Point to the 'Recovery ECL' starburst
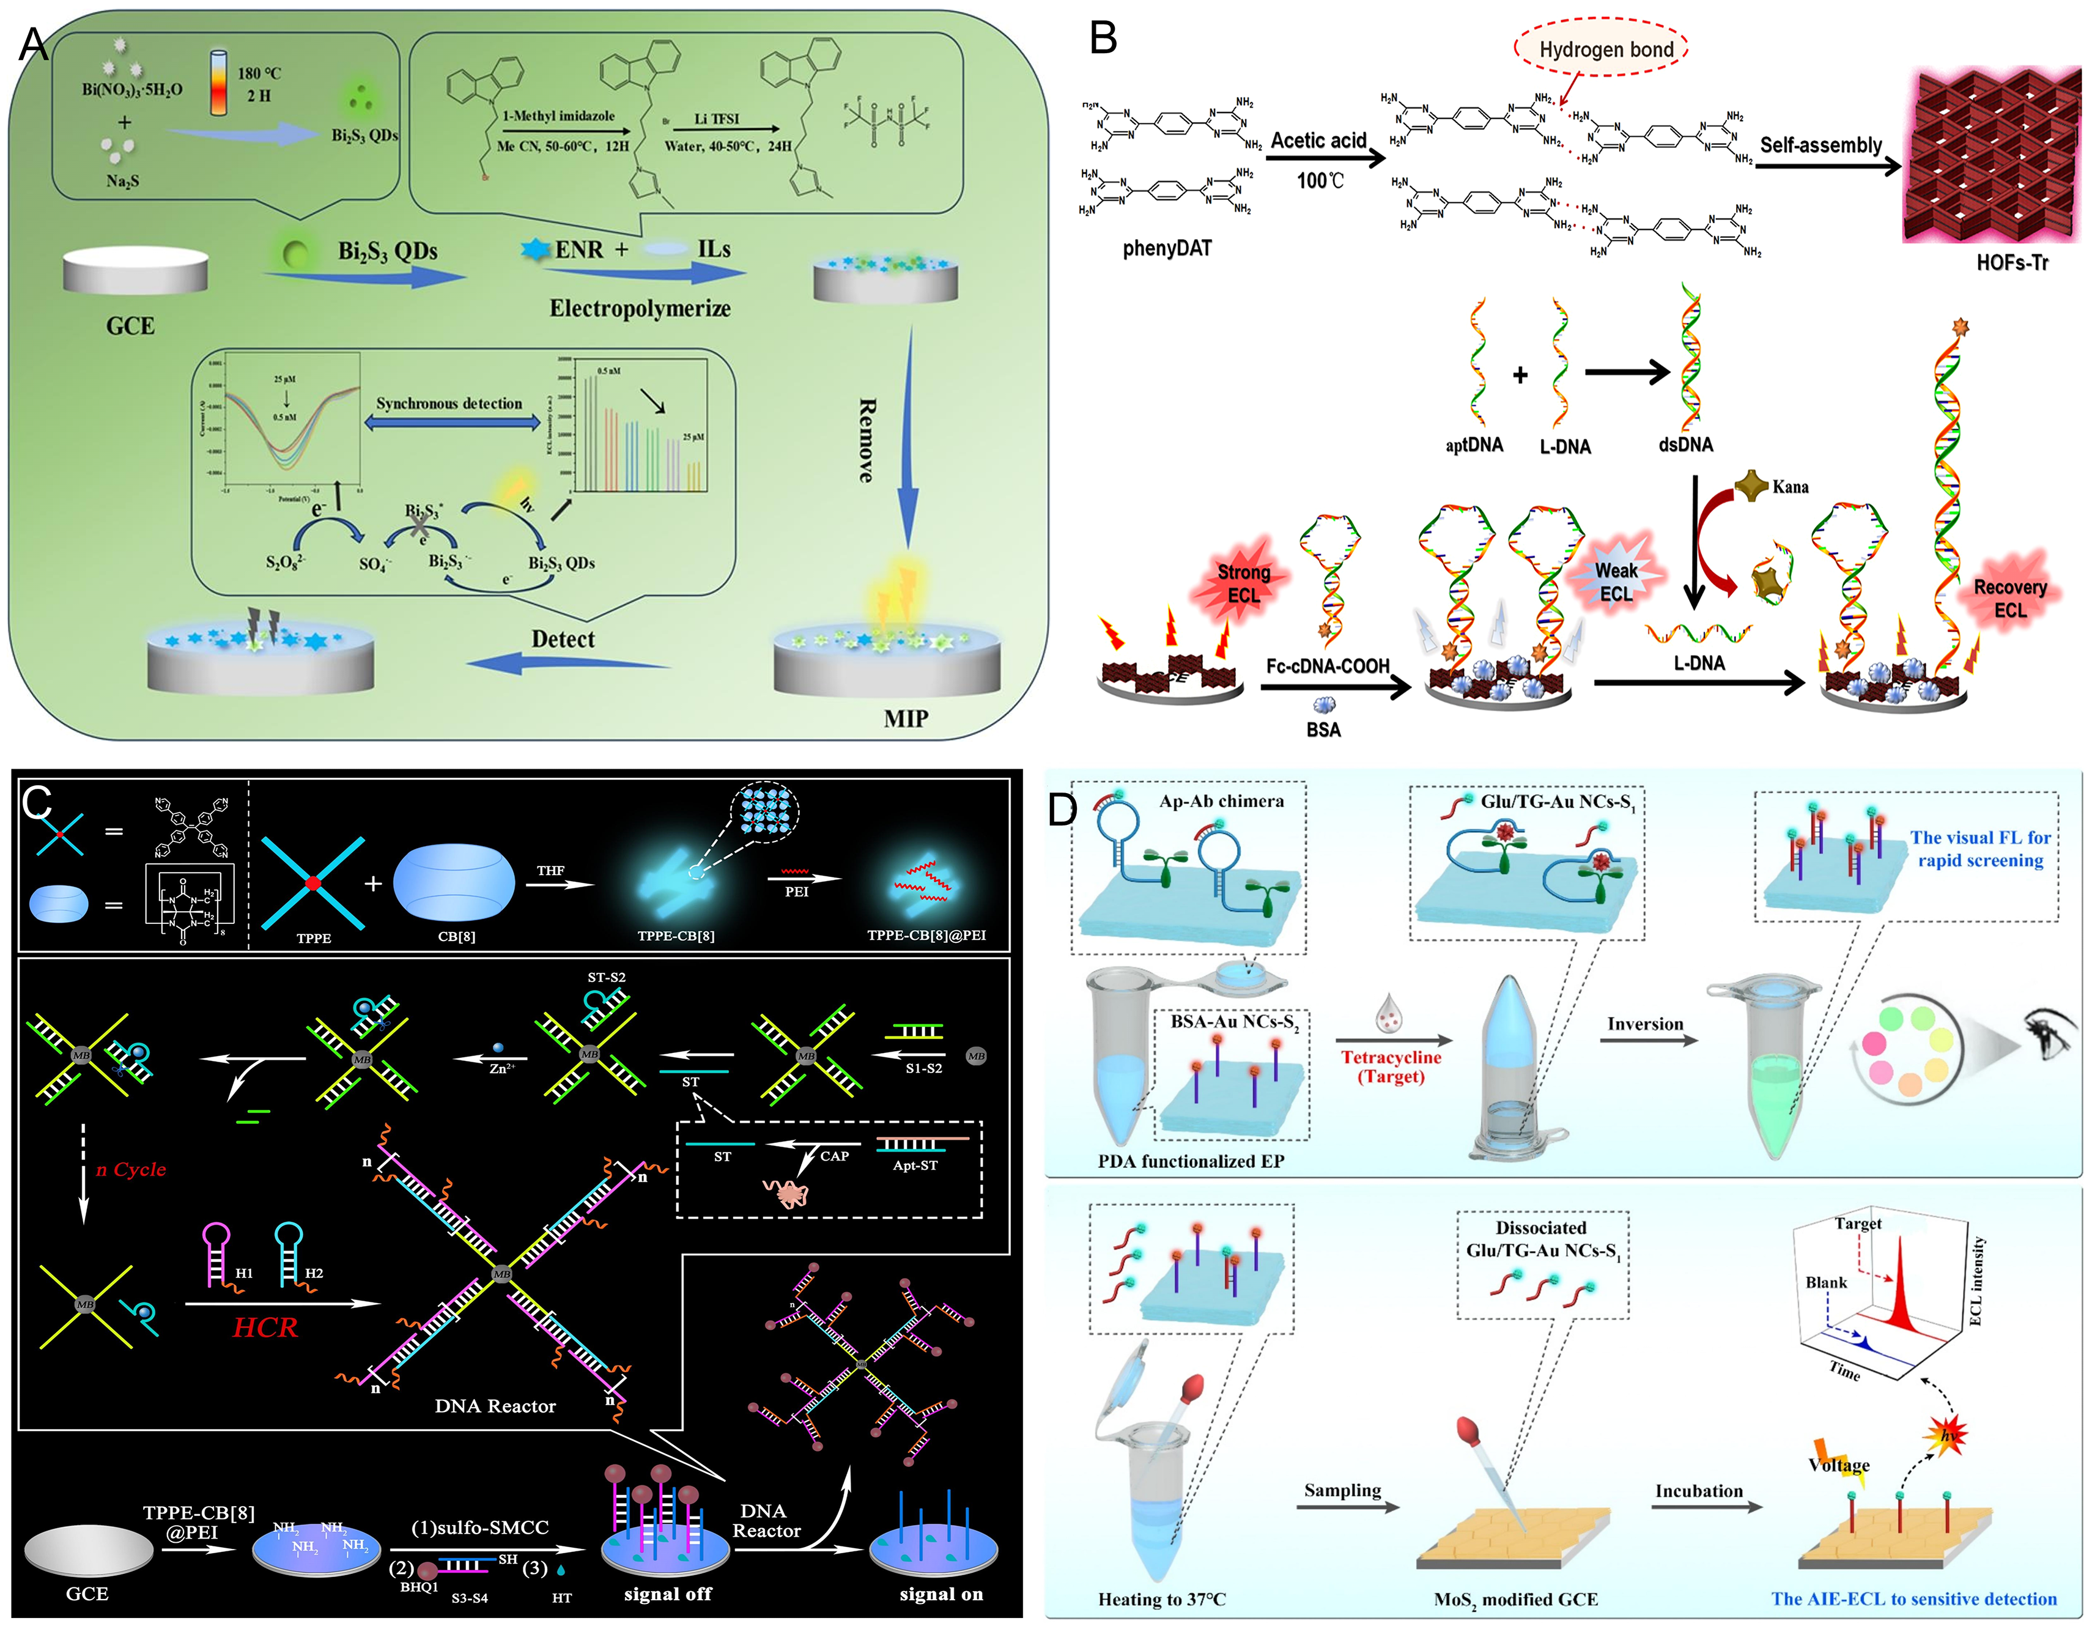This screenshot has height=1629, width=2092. click(x=2009, y=597)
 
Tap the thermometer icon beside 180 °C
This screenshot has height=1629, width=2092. click(x=218, y=83)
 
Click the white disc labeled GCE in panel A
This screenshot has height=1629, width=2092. click(x=135, y=272)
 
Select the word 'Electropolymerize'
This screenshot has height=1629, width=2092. click(x=639, y=308)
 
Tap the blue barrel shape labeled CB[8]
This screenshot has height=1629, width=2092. click(x=453, y=883)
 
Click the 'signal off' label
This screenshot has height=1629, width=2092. click(x=668, y=1594)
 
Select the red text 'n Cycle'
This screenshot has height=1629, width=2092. click(x=131, y=1169)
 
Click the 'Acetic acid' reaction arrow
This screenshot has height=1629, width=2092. click(x=1325, y=158)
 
